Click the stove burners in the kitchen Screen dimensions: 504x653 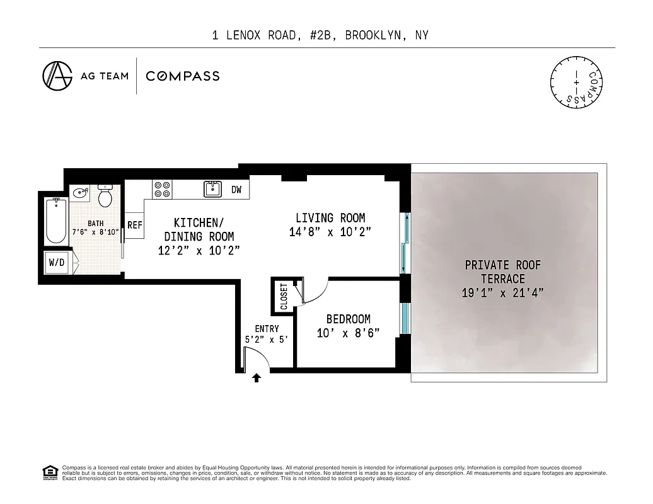point(163,189)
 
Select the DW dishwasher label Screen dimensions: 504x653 point(236,189)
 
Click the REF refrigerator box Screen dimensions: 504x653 point(134,225)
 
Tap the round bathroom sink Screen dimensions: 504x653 point(80,194)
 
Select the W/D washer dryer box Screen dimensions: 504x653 point(57,263)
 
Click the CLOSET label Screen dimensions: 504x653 point(284,295)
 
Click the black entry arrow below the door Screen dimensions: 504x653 point(257,378)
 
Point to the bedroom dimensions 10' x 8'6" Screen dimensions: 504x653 point(348,333)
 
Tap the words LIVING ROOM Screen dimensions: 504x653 point(330,218)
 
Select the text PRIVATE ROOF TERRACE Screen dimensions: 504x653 point(502,272)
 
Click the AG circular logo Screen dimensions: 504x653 point(57,76)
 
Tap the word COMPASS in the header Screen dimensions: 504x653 point(183,76)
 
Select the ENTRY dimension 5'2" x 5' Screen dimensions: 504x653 point(267,340)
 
